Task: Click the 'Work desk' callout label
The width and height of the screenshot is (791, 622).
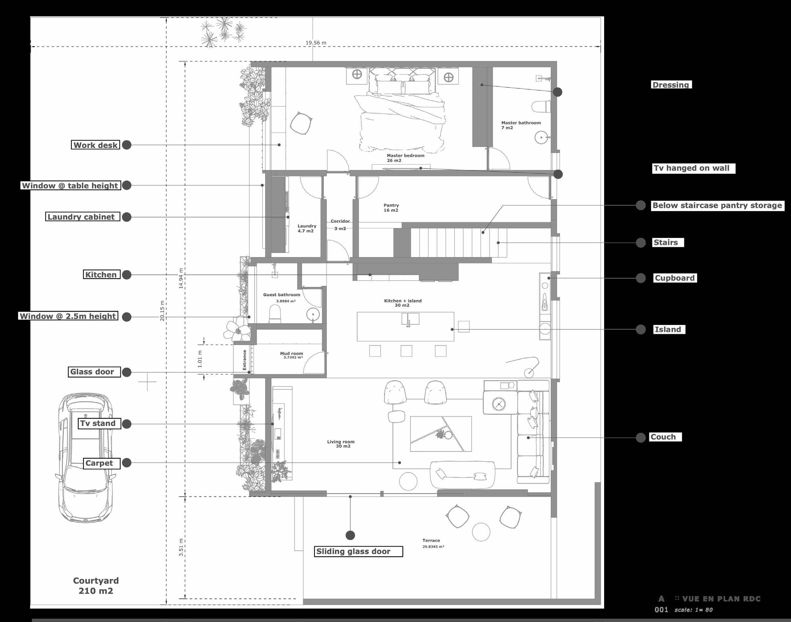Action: [x=96, y=145]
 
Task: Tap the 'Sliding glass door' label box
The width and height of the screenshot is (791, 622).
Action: [x=359, y=551]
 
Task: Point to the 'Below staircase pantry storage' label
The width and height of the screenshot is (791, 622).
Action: [x=717, y=205]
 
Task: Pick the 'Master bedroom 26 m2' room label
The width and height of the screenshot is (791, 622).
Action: [x=405, y=158]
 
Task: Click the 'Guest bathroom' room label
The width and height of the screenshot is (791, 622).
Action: [x=281, y=294]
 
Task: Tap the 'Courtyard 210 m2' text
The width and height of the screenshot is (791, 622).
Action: [x=96, y=586]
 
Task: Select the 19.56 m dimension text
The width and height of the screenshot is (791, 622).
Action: [x=316, y=43]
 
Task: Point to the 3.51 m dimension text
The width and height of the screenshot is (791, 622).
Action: [x=181, y=547]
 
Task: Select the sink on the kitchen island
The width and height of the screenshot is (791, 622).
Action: [x=410, y=319]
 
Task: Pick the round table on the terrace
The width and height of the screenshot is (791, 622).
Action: [x=481, y=532]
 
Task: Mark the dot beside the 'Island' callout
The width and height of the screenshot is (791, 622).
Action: [x=640, y=329]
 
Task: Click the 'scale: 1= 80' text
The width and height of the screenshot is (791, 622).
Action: [x=693, y=610]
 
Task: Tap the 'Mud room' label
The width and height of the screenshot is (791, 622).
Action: [x=291, y=354]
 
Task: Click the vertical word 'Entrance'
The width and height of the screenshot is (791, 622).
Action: [x=245, y=360]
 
